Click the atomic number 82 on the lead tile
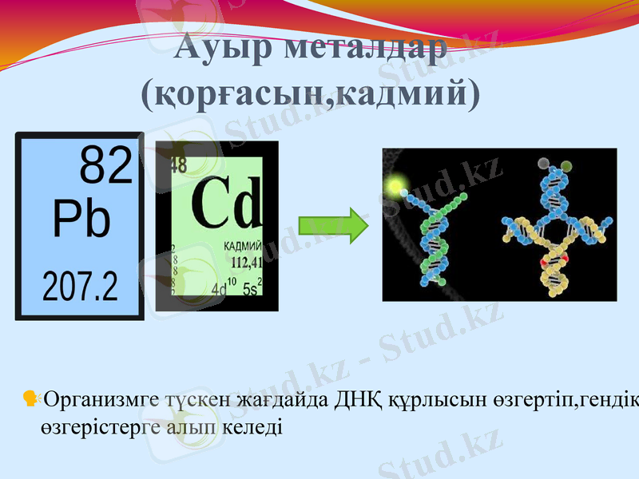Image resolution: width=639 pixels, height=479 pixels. pos(105,167)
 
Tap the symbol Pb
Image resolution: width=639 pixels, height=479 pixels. pos(81,219)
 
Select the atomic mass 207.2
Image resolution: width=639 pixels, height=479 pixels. pos(80,284)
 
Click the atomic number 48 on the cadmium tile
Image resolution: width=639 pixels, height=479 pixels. pos(177,165)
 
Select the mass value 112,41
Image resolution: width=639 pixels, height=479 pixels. pos(246,261)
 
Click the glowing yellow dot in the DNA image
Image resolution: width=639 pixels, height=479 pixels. pos(393,187)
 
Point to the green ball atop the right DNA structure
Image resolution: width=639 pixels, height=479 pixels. pos(566,166)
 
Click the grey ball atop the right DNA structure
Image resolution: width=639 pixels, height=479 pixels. pos(545,164)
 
